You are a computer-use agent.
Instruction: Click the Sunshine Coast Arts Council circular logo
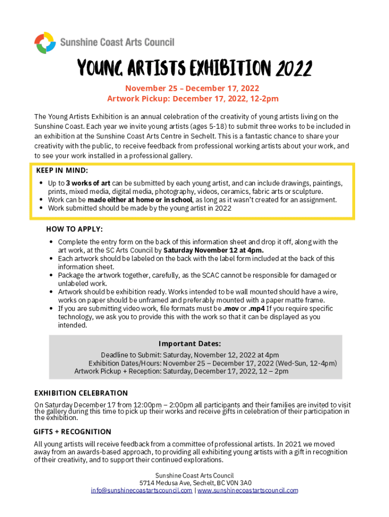click(44, 43)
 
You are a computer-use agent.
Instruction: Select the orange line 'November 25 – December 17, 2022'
click(192, 88)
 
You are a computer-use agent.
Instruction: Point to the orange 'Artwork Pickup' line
click(192, 98)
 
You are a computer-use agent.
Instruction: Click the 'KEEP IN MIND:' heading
click(62, 170)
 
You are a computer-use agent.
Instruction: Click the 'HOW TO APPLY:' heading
click(74, 229)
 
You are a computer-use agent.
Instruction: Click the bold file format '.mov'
click(230, 308)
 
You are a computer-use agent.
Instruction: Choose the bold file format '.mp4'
click(257, 308)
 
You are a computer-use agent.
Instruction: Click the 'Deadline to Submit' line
click(189, 355)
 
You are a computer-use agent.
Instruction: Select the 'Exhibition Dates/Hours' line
click(213, 363)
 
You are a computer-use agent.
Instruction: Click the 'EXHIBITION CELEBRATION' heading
click(81, 393)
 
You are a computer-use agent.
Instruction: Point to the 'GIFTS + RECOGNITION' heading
click(72, 432)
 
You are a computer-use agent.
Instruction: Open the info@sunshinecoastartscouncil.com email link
click(141, 490)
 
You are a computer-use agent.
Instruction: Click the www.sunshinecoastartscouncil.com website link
click(248, 490)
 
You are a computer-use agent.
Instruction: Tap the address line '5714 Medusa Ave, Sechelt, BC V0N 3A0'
click(194, 483)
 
